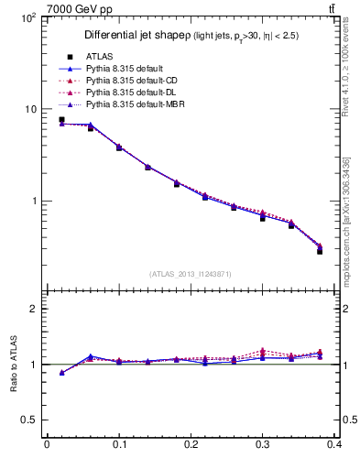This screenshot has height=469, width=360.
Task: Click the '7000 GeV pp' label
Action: coord(72,9)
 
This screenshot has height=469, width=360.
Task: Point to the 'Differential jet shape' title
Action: coord(136,35)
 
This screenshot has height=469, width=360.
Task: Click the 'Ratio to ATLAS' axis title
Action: coord(13,364)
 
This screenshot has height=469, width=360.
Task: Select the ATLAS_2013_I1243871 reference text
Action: coord(189,274)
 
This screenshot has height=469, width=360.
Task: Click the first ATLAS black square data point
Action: coord(61,120)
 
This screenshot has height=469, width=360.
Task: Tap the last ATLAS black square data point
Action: coord(320,250)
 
